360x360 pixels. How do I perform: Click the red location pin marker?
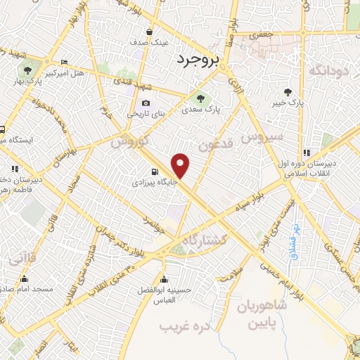click(x=181, y=166)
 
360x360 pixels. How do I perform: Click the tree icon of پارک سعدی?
click(x=200, y=98)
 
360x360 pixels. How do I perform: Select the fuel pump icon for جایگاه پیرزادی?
click(x=154, y=172)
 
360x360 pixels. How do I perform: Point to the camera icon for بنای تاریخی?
click(x=146, y=103)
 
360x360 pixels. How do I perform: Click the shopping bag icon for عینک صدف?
click(x=150, y=32)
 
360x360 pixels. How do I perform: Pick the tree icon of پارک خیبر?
click(x=288, y=91)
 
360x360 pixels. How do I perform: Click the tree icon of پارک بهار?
click(x=27, y=70)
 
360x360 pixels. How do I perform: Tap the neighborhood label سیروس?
click(x=262, y=136)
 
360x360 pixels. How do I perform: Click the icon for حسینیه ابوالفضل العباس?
click(x=164, y=276)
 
